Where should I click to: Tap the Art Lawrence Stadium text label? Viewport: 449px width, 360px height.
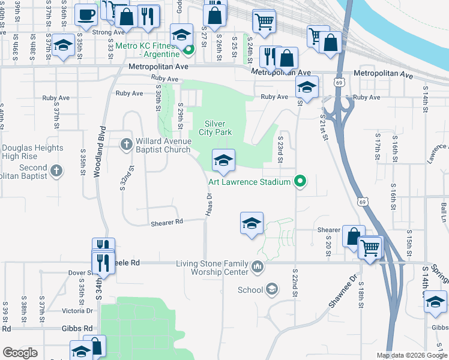[250, 181]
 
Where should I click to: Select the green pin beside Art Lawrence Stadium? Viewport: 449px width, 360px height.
[302, 181]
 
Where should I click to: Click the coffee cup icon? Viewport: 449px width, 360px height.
[86, 14]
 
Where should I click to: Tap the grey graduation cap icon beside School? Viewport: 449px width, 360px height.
[273, 290]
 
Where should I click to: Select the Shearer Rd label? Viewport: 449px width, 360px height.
[166, 221]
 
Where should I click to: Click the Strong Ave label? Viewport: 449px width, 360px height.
[109, 32]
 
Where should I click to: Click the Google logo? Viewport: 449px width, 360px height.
[20, 353]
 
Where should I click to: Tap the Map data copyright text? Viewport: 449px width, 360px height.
[411, 355]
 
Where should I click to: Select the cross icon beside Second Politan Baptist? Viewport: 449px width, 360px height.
[56, 172]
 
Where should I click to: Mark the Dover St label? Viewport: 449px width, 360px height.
[80, 272]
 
